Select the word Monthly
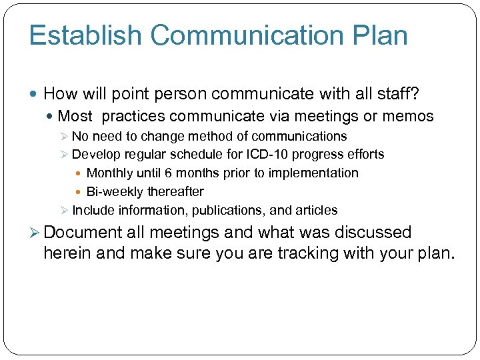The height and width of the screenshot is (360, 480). point(110,173)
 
